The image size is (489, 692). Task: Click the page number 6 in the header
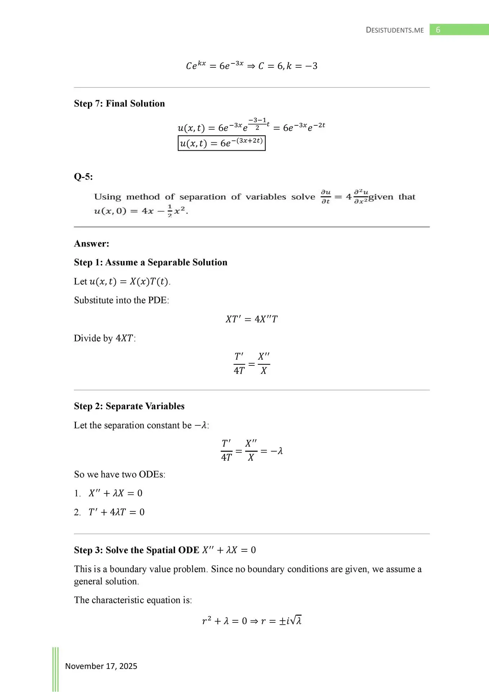point(438,30)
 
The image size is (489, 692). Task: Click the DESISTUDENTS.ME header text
point(395,30)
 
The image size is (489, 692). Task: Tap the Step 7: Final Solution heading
point(119,104)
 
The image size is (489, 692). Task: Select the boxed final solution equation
point(221,143)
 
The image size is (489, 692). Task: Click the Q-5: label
point(83,177)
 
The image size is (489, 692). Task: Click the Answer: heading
point(91,244)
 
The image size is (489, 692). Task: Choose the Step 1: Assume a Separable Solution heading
point(151,262)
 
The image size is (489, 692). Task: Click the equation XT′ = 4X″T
point(251,319)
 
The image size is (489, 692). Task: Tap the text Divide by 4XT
point(105,338)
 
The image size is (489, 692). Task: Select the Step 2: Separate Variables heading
point(129,406)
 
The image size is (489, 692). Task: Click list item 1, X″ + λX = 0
point(115,493)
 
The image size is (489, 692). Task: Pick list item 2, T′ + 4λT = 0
point(116,512)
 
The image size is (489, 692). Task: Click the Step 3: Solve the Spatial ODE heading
point(165,550)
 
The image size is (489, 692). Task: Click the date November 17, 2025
point(101,666)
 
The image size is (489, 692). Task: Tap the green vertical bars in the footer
point(55,669)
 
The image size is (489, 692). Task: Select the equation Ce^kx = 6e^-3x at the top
point(251,66)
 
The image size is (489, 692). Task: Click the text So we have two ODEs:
point(120,474)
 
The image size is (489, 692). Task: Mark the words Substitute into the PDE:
point(121,300)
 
